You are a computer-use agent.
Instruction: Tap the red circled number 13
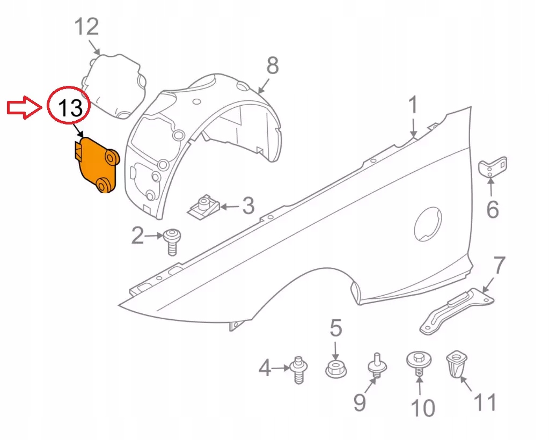coord(70,107)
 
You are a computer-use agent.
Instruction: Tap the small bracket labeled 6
coord(492,167)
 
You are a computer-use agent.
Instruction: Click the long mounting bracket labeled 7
coord(457,310)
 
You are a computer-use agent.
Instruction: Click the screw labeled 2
coord(172,241)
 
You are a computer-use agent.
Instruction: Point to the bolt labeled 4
coord(299,370)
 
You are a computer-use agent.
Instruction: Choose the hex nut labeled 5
coord(336,369)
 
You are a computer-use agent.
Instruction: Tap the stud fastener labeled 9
coord(377,366)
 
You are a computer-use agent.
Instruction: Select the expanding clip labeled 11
coord(456,365)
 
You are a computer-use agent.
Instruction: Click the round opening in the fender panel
coord(428,224)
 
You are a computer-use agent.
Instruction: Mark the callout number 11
coord(485,402)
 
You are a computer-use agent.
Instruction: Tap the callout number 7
coord(499,265)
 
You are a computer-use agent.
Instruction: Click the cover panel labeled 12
coord(114,86)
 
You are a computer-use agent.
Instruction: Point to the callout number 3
coord(248,206)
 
